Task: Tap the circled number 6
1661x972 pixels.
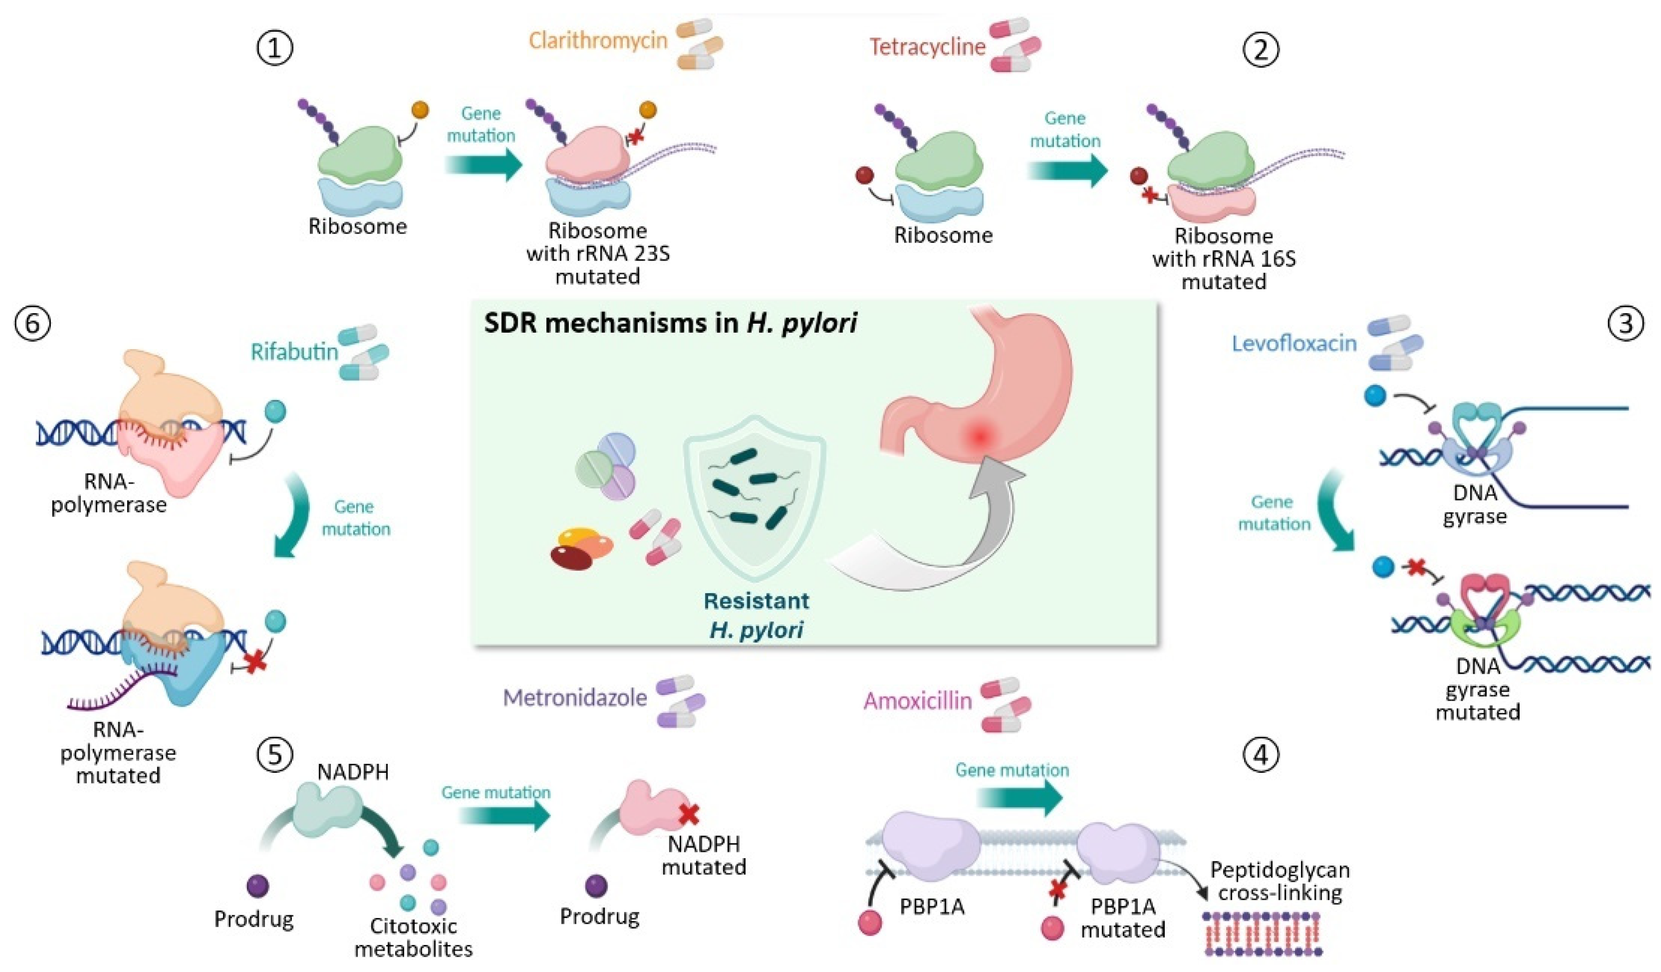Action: (32, 324)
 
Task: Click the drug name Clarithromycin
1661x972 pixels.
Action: (598, 41)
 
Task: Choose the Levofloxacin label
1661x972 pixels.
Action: (1294, 343)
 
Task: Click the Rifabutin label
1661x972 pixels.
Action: (294, 352)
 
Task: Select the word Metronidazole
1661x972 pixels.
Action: (575, 698)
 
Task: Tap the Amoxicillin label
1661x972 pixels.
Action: (917, 700)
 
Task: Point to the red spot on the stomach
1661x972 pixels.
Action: (980, 435)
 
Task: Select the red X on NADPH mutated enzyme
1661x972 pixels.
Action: (689, 815)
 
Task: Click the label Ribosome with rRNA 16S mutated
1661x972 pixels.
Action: (1224, 258)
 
